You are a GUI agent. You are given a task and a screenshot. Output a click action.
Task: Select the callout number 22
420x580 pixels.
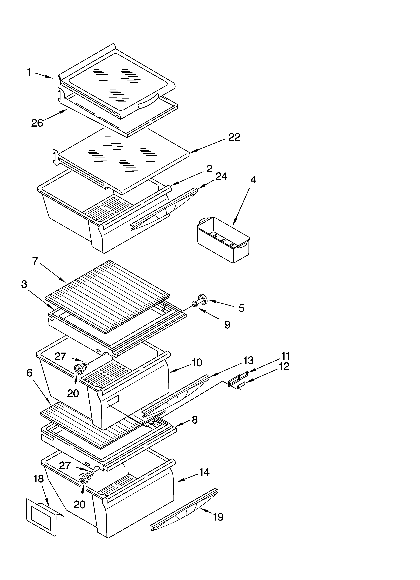coord(234,137)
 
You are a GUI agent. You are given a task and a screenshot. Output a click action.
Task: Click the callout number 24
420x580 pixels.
coord(221,176)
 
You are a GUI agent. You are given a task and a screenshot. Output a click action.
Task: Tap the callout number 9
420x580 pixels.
coord(227,325)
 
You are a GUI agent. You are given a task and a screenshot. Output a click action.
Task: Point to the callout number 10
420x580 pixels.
coord(197,363)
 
